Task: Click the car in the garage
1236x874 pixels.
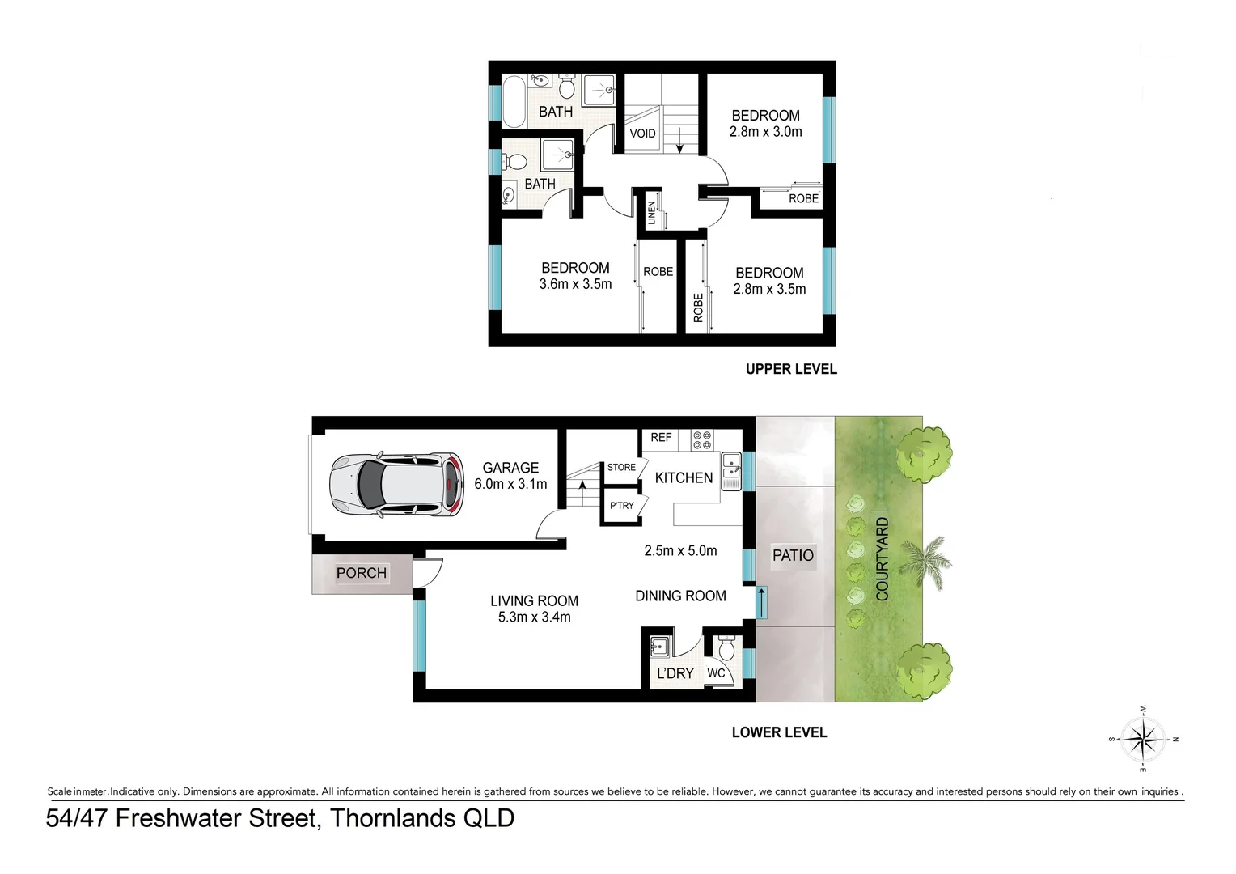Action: click(397, 484)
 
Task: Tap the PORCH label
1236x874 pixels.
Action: click(361, 573)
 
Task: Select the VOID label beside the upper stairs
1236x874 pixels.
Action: click(642, 134)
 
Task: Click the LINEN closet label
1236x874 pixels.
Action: click(652, 213)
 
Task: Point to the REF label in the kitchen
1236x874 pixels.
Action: click(661, 437)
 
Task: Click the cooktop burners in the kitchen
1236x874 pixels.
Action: click(702, 440)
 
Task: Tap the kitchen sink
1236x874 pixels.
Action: click(730, 470)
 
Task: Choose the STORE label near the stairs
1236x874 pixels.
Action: click(621, 467)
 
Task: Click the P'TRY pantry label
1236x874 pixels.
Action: click(622, 506)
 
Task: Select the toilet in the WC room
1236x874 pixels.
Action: click(726, 648)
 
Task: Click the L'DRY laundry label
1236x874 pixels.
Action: click(675, 673)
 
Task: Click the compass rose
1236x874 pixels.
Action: click(1143, 738)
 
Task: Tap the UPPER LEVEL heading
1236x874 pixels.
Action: click(790, 369)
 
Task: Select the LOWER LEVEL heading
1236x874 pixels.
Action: click(779, 732)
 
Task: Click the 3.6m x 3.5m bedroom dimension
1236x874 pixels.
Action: click(575, 284)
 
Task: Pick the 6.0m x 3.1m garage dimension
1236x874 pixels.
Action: click(510, 484)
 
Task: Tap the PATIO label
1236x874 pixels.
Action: click(793, 555)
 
